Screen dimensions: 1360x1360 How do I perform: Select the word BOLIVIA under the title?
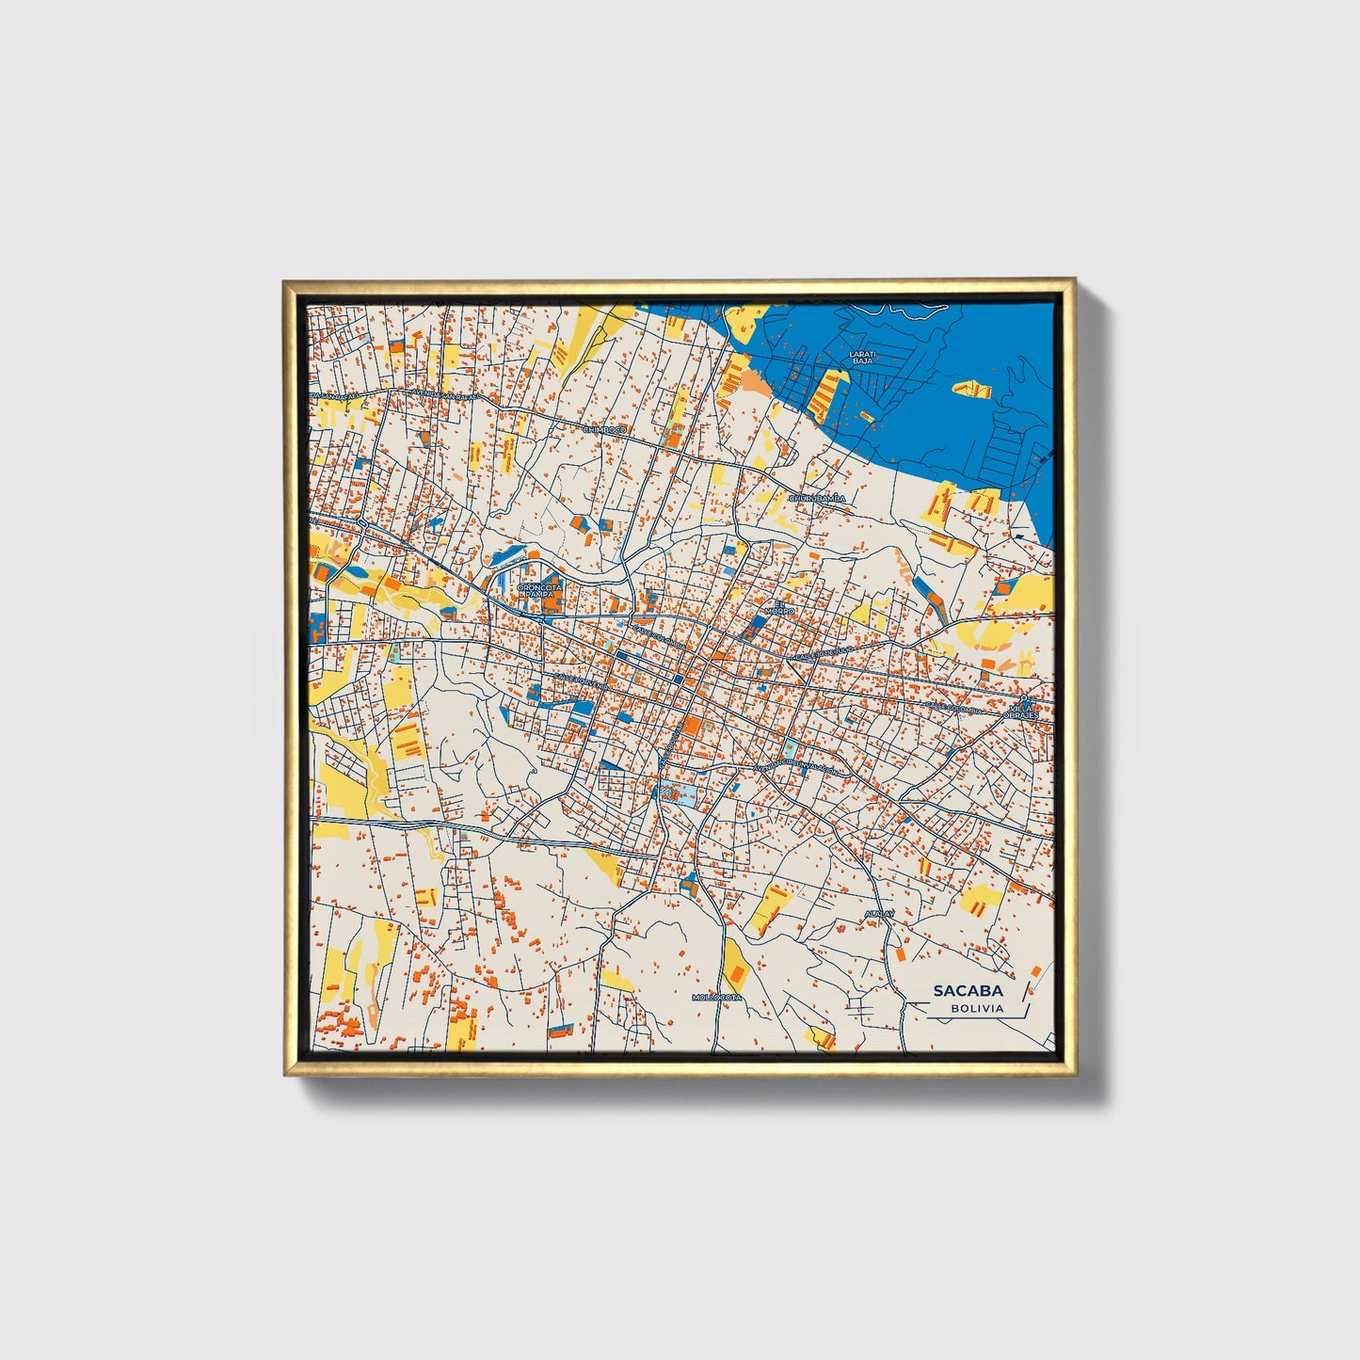(x=977, y=1008)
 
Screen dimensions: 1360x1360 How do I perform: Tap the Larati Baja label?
(x=862, y=357)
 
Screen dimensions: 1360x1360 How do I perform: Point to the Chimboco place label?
(x=604, y=430)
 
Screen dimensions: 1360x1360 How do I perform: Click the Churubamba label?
(x=817, y=498)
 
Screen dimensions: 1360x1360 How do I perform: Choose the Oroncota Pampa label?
(x=539, y=591)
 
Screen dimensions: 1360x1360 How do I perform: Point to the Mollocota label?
(x=717, y=997)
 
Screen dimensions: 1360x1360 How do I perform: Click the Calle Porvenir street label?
(x=582, y=680)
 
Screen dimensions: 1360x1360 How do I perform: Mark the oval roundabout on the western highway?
(x=361, y=520)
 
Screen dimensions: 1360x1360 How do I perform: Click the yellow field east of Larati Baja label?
(x=973, y=389)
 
